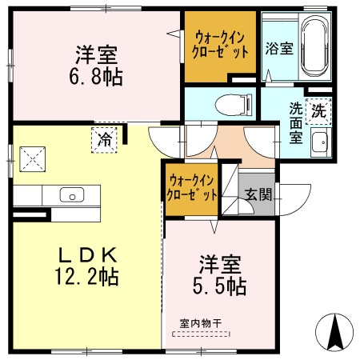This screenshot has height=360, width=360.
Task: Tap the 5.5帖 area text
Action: coord(218,286)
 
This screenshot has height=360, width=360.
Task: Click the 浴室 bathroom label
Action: coord(279,47)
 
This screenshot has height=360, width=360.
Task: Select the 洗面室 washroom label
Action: coord(296,123)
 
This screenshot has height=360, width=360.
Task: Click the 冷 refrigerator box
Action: coord(104,138)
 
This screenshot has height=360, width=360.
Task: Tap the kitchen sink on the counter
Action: coord(72,194)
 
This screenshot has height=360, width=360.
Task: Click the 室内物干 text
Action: coord(200,323)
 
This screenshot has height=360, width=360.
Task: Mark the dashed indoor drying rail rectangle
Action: coord(200,333)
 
